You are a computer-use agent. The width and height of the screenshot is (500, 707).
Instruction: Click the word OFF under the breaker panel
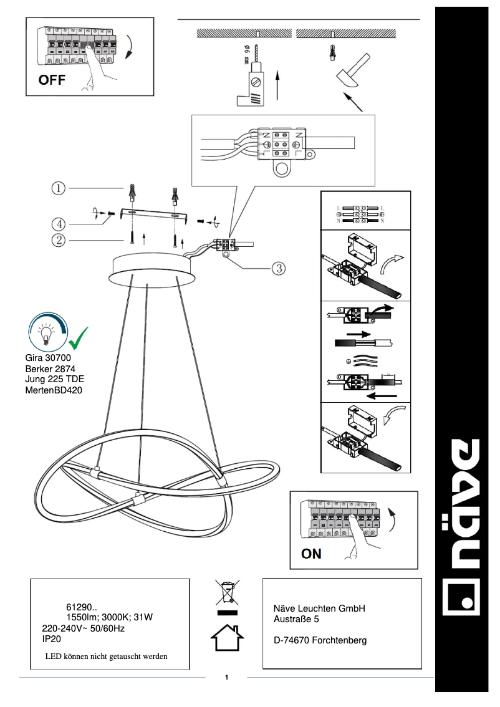(52, 80)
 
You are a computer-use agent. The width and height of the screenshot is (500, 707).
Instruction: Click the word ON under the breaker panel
(311, 553)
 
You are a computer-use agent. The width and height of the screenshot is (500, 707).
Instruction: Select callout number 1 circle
(57, 188)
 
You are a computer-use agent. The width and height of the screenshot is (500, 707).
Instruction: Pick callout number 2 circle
(57, 239)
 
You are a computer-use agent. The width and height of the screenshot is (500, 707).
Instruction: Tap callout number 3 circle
(278, 268)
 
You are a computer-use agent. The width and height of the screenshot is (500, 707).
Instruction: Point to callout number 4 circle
(57, 223)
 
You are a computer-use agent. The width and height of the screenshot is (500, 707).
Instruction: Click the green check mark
(77, 337)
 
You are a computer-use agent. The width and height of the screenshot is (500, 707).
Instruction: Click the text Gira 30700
(49, 358)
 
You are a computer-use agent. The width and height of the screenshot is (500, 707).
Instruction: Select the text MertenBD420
(54, 390)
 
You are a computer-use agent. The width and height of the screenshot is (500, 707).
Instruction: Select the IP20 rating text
(51, 639)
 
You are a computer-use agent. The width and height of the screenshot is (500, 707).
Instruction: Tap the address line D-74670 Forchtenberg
(320, 640)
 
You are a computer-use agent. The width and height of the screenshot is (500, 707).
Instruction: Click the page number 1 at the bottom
(227, 677)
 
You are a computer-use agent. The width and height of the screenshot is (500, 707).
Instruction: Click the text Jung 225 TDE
(55, 379)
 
